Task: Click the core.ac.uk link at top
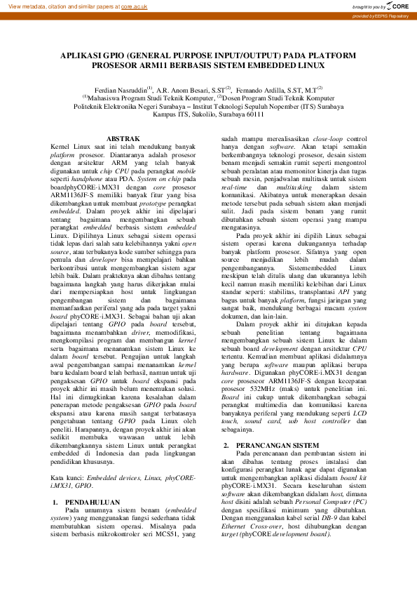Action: pyautogui.click(x=134, y=6)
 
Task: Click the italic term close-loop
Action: pyautogui.click(x=331, y=138)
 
